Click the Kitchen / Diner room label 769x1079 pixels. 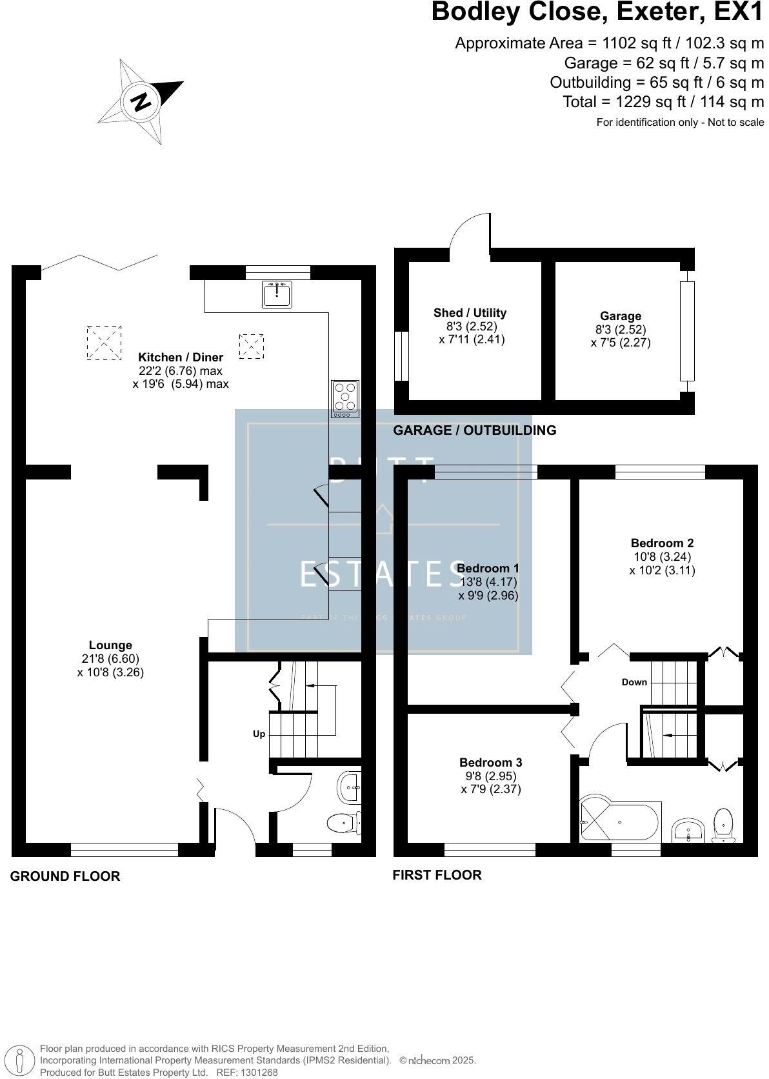tap(181, 358)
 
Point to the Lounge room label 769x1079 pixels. tap(110, 645)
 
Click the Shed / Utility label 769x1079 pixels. tap(470, 313)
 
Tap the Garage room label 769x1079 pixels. tap(621, 316)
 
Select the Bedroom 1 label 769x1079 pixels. tap(488, 569)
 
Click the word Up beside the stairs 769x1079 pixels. tap(259, 734)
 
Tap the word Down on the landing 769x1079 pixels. tap(634, 682)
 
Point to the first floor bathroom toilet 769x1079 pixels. tap(724, 825)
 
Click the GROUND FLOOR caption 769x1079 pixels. tap(65, 876)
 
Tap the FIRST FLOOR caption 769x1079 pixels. tap(437, 875)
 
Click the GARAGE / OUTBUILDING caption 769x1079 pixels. tap(475, 430)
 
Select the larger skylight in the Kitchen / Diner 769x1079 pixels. tap(103, 342)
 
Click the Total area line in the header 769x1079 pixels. tap(663, 102)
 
